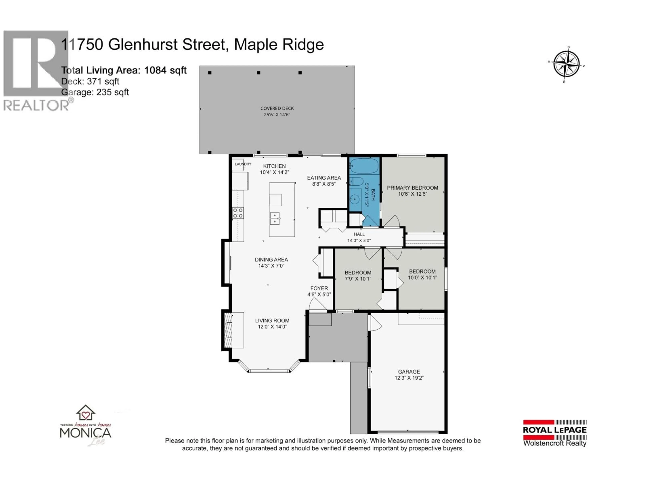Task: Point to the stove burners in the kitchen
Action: click(x=238, y=213)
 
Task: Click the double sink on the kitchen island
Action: click(x=275, y=218)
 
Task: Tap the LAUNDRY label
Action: click(x=243, y=164)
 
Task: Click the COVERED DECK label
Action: click(x=277, y=108)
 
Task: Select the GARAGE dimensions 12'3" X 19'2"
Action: click(x=409, y=378)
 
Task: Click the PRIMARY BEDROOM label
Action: click(x=412, y=188)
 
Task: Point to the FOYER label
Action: click(x=319, y=288)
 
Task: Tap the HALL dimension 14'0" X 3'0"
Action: click(x=359, y=240)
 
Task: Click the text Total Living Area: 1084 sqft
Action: click(x=124, y=70)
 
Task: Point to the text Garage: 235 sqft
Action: click(x=95, y=92)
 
